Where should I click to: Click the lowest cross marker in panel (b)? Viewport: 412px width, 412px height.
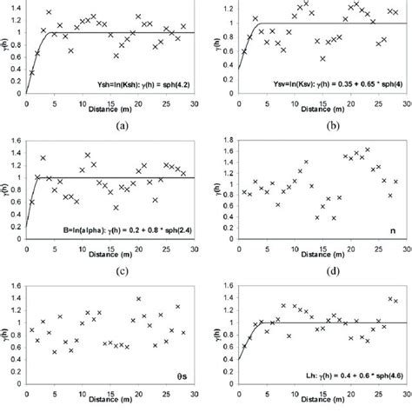tap(322, 58)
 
